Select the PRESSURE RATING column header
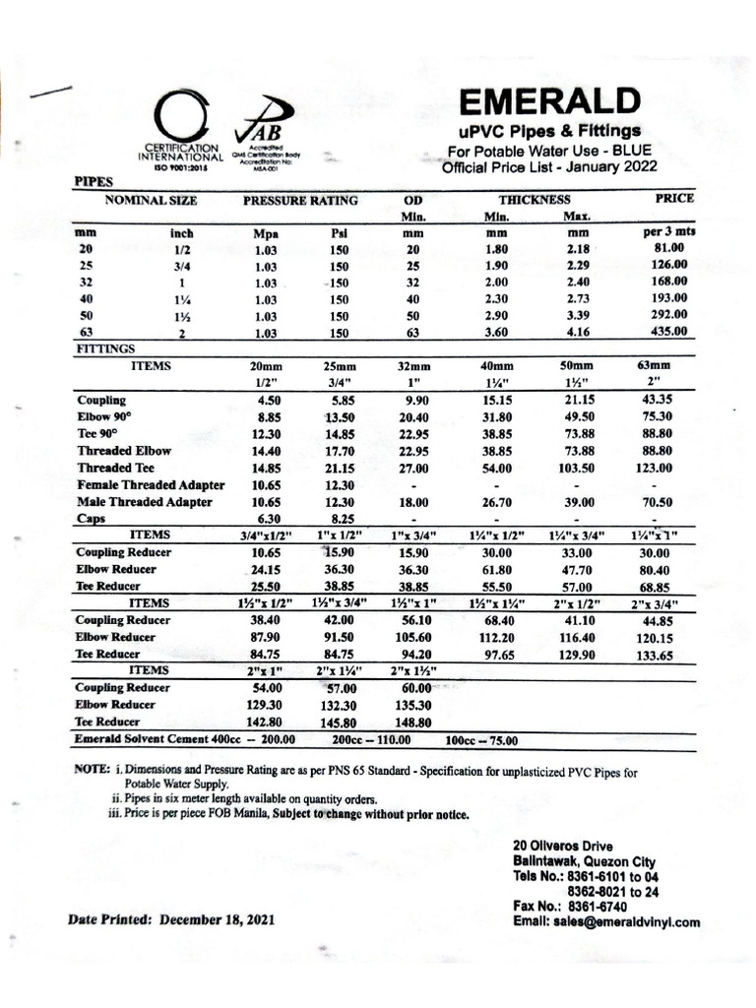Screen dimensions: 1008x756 (x=300, y=201)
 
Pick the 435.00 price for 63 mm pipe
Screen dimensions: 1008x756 (x=668, y=333)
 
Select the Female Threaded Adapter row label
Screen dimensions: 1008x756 (x=151, y=485)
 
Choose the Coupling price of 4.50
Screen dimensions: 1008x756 (x=270, y=401)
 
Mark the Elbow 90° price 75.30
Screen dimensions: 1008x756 (x=655, y=417)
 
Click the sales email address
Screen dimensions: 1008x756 (x=606, y=922)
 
